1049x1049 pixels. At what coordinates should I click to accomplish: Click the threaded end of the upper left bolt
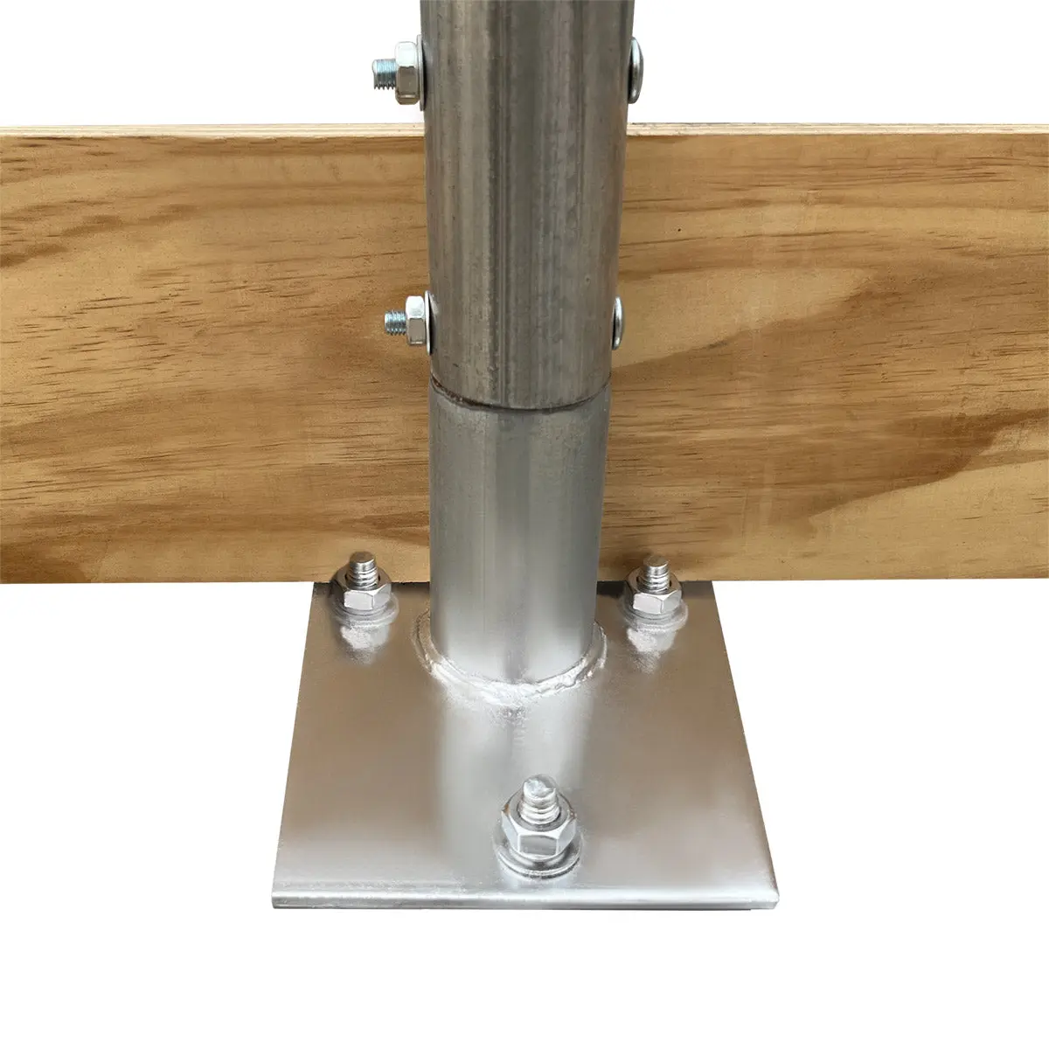383,69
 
